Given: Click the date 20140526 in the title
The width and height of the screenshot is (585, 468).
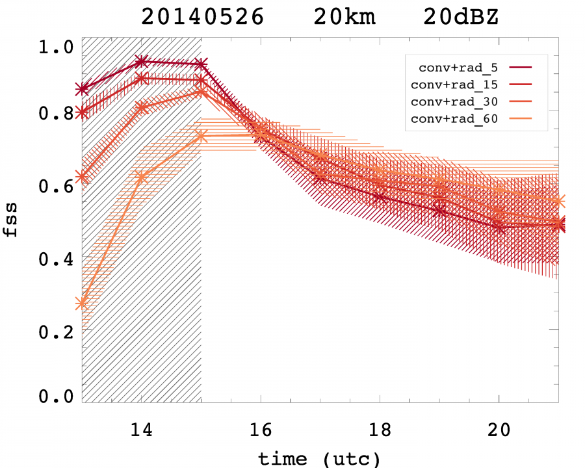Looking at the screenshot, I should pos(202,17).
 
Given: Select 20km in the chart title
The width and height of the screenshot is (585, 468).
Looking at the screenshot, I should pos(344,17).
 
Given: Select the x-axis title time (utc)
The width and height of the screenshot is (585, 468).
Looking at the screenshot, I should pos(319,458).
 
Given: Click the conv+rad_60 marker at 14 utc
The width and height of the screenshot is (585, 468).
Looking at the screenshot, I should pos(142,177).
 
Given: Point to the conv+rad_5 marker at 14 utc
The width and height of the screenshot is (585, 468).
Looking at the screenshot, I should pos(142,62).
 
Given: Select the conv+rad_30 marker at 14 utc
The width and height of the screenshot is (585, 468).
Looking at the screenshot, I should pos(142,107).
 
